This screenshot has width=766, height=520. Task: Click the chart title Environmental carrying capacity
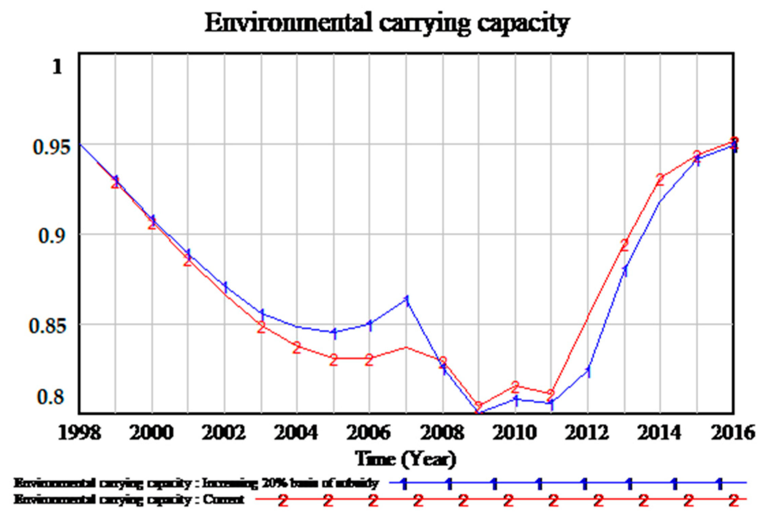click(x=387, y=23)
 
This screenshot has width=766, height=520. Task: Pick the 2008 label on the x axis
click(x=442, y=433)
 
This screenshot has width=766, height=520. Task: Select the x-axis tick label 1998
click(x=80, y=433)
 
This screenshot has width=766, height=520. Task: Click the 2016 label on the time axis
click(x=733, y=433)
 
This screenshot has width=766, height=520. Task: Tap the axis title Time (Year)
click(x=405, y=459)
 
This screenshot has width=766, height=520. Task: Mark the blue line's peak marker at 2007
click(x=407, y=300)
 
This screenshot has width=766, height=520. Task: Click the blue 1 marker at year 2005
click(x=335, y=333)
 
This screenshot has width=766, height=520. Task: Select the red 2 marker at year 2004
click(x=297, y=348)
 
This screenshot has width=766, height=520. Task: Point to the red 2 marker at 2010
click(x=515, y=386)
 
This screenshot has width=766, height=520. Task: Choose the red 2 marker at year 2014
click(x=660, y=180)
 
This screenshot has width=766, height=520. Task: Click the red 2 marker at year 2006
click(x=369, y=360)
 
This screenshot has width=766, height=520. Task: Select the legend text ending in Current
click(x=129, y=500)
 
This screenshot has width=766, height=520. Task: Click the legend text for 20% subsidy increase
click(x=196, y=483)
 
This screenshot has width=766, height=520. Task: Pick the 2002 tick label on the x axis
click(x=224, y=433)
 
